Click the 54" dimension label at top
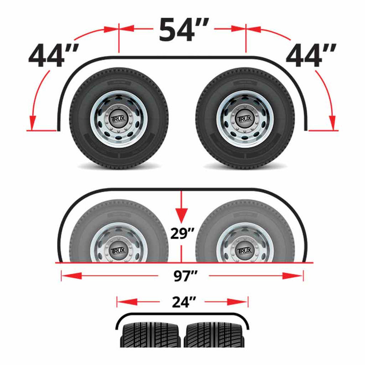pos(182,30)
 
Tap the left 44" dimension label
pos(52,56)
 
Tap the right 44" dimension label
pos(312,56)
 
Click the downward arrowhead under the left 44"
pos(32,122)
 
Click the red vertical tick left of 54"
pos(119,39)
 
